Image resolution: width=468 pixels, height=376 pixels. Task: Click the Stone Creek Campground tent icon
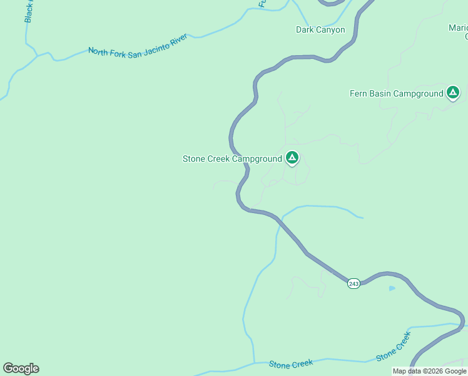point(292,158)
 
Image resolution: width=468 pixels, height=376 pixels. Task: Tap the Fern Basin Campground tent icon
point(453,93)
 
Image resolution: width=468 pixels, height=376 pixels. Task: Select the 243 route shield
point(354,284)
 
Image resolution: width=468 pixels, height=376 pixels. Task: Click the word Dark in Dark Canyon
point(305,29)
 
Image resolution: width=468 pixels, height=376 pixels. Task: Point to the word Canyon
point(331,29)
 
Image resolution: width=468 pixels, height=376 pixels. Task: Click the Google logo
point(21,368)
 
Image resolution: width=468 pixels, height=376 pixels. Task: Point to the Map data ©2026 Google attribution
point(429,371)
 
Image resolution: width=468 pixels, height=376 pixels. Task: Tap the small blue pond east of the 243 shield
point(392,288)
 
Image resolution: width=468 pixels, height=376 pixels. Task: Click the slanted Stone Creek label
point(394,347)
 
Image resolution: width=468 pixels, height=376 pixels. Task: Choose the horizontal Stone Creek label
point(290,363)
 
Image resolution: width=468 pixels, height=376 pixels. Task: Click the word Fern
point(358,94)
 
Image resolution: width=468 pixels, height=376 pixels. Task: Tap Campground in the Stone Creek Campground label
point(257,159)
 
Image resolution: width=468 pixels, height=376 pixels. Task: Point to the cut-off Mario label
point(458,28)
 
